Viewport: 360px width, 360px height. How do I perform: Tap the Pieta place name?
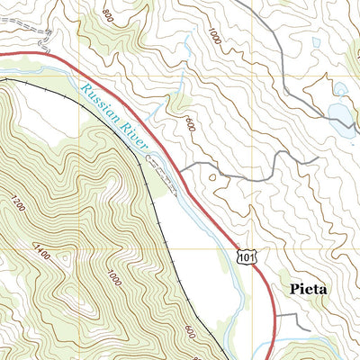click(309, 290)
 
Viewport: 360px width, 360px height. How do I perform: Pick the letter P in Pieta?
click(295, 290)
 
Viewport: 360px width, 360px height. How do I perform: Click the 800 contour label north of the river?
click(109, 15)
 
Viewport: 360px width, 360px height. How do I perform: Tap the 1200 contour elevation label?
click(20, 204)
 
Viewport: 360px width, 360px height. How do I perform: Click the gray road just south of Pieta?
click(292, 317)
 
